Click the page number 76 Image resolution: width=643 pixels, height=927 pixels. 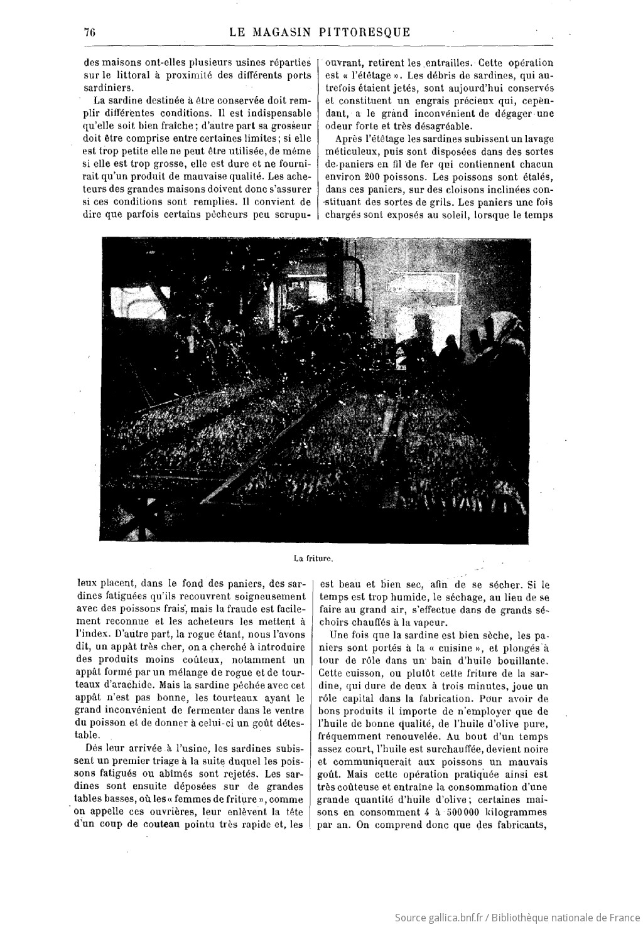[88, 33]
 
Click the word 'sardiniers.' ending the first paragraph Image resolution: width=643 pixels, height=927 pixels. [107, 88]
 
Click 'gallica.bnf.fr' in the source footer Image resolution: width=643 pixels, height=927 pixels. [451, 918]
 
